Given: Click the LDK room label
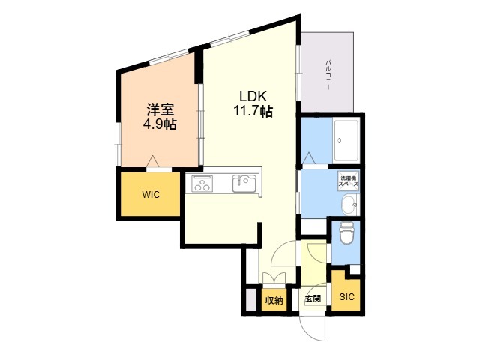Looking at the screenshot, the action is point(253,96).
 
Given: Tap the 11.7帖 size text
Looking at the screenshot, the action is point(253,111).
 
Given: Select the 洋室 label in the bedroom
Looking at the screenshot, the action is point(160,109).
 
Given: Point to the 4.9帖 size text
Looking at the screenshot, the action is point(160,124).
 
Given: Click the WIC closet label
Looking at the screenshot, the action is point(151,195).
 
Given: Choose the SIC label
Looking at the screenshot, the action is point(346,296).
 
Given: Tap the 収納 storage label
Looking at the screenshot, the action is point(274,301).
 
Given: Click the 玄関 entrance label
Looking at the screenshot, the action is point(313,298).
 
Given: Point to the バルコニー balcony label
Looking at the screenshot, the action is point(328,75).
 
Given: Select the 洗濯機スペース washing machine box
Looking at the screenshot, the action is point(348,181).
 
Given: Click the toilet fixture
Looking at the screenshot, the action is point(346,233).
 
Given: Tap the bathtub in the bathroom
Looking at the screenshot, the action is point(346,140).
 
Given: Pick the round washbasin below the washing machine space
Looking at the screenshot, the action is point(349,205).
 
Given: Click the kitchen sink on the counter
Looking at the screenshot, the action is point(244,183).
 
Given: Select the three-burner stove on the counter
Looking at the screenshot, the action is point(202,184).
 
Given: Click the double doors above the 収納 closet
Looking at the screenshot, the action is point(274,278).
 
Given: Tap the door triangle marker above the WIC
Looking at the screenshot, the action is point(151,162).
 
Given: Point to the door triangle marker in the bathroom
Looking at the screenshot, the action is point(308,158).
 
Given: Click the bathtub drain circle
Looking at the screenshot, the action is point(339,140).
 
